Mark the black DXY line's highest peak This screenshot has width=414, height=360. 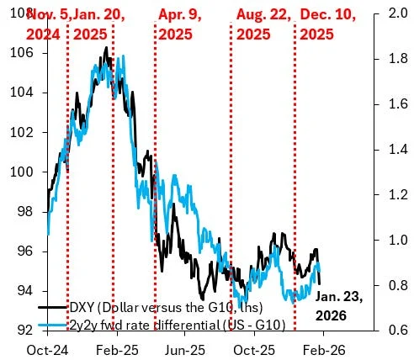click(x=106, y=48)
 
